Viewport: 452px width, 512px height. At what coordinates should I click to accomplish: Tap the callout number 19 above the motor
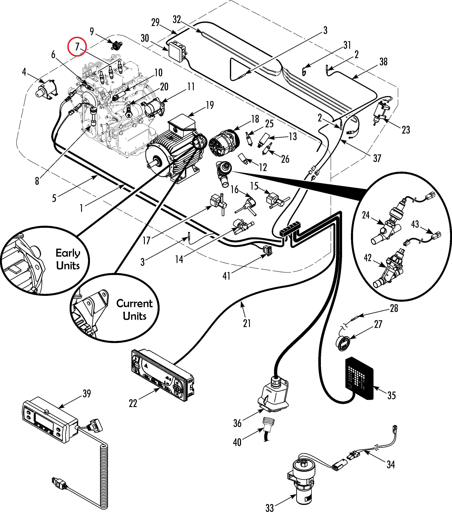210,105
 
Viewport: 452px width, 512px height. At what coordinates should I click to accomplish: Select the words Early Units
68,259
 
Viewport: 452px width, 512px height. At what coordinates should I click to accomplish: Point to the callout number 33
270,507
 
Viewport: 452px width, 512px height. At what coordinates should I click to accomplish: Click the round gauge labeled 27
343,343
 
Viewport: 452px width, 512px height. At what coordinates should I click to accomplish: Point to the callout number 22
133,403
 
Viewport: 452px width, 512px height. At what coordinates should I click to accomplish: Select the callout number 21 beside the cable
247,323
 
